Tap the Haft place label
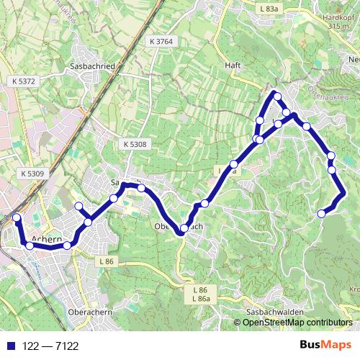(232, 65)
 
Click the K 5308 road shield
(134, 145)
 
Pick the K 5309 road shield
(32, 174)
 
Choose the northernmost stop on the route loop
(276, 96)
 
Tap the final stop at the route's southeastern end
(321, 212)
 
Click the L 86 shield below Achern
(107, 260)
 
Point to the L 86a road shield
(201, 297)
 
